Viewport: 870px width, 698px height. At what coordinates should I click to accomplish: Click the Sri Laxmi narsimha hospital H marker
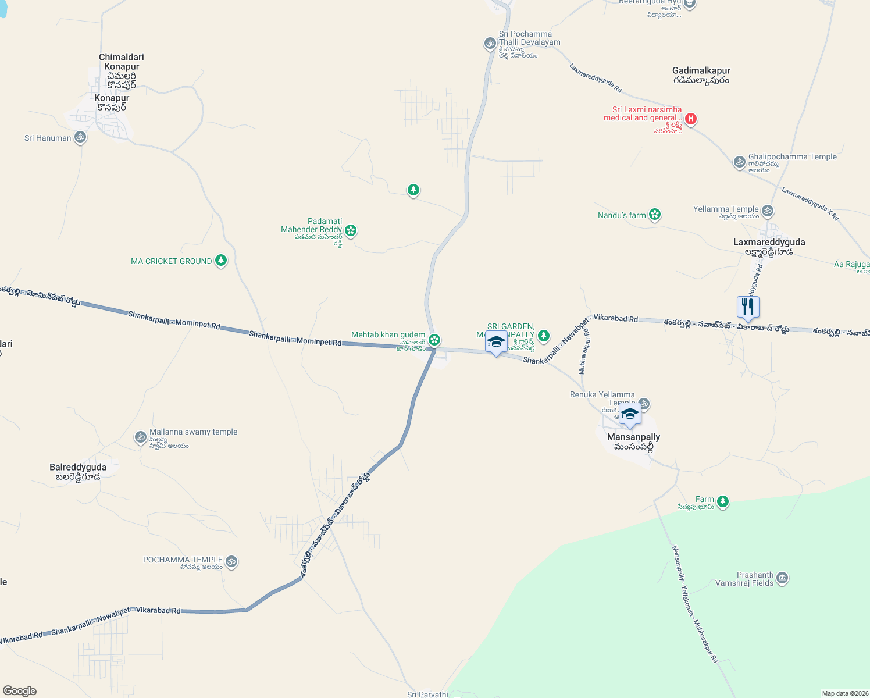coord(690,119)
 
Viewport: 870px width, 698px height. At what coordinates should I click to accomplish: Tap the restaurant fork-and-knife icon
coord(748,307)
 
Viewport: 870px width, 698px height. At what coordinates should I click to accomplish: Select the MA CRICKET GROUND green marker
coord(220,260)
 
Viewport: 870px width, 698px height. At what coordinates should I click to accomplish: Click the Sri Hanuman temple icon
coord(80,137)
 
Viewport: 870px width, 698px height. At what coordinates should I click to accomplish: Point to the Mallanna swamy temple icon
coord(140,437)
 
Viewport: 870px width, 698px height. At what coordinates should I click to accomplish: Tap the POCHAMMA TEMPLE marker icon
coord(231,561)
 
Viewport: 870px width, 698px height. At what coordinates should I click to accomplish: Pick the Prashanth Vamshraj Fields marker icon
coord(782,578)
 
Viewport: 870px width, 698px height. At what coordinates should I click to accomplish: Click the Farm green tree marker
coord(722,501)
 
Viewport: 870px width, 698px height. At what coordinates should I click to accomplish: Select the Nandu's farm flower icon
coord(655,215)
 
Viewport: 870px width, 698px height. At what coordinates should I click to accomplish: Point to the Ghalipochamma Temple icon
coord(739,162)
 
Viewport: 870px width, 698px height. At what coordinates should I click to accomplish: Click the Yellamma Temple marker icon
coord(768,210)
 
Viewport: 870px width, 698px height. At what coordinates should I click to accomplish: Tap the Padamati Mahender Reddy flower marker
coord(350,230)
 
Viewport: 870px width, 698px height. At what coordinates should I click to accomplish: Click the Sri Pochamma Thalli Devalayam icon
coord(490,43)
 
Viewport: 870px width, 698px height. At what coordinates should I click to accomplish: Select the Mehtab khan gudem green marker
coord(434,339)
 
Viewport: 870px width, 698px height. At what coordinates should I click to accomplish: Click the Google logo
coord(20,691)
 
